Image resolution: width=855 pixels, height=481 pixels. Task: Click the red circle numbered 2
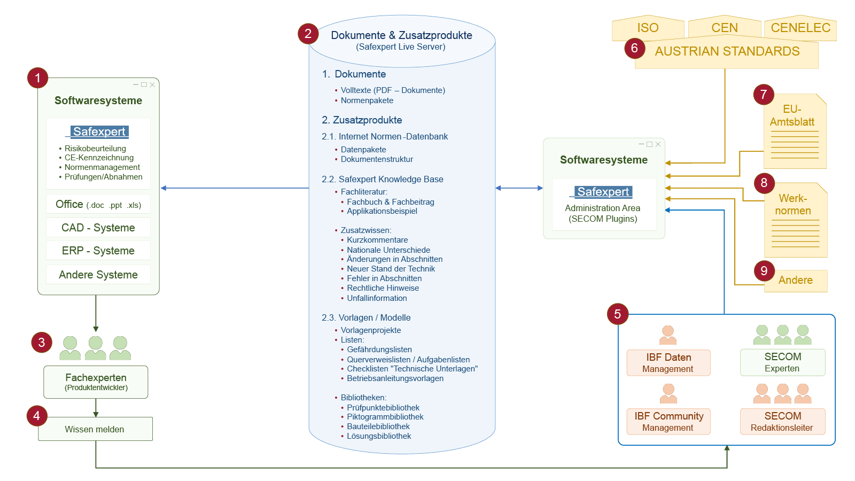pyautogui.click(x=308, y=34)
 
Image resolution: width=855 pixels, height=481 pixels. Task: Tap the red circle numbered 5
pyautogui.click(x=618, y=314)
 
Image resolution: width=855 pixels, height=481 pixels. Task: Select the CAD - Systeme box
pyautogui.click(x=98, y=228)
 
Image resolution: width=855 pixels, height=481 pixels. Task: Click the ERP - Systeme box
pyautogui.click(x=98, y=251)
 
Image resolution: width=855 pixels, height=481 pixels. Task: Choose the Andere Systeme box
pyautogui.click(x=98, y=275)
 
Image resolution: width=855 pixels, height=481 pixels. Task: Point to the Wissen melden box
pyautogui.click(x=96, y=429)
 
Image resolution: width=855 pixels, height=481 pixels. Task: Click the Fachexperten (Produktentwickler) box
pyautogui.click(x=96, y=382)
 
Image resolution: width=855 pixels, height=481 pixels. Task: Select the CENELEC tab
pyautogui.click(x=800, y=27)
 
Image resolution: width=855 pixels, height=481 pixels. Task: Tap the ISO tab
pyautogui.click(x=648, y=27)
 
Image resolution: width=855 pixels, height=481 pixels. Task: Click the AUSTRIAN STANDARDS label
pyautogui.click(x=727, y=51)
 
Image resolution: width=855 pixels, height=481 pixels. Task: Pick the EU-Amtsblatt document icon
pyautogui.click(x=795, y=131)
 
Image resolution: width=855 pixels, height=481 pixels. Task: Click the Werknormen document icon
pyautogui.click(x=796, y=220)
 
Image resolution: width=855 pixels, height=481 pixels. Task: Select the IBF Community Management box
pyautogui.click(x=669, y=422)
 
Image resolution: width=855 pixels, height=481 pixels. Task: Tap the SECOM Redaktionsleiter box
pyautogui.click(x=782, y=422)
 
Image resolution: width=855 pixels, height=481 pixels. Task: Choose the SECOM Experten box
pyautogui.click(x=782, y=362)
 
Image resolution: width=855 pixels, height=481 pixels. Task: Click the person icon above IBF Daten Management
pyautogui.click(x=668, y=335)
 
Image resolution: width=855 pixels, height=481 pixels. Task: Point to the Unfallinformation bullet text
pyautogui.click(x=377, y=298)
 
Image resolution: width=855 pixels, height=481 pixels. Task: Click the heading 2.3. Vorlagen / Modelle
pyautogui.click(x=366, y=317)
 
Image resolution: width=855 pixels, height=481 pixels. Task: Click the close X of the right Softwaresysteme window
pyautogui.click(x=658, y=144)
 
